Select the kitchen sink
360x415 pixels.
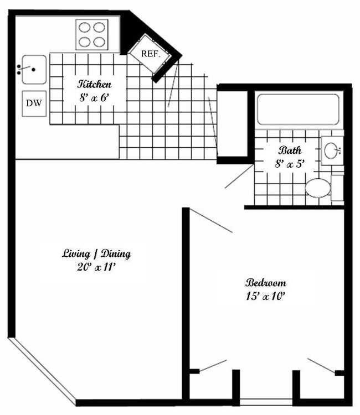(34, 69)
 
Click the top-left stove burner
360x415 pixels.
(85, 28)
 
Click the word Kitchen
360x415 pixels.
(95, 84)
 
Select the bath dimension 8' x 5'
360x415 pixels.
(289, 163)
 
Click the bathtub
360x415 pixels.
(298, 110)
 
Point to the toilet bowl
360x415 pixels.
(317, 188)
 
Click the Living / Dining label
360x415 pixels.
(96, 254)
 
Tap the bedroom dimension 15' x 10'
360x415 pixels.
(266, 295)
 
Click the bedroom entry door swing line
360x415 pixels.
(211, 221)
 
